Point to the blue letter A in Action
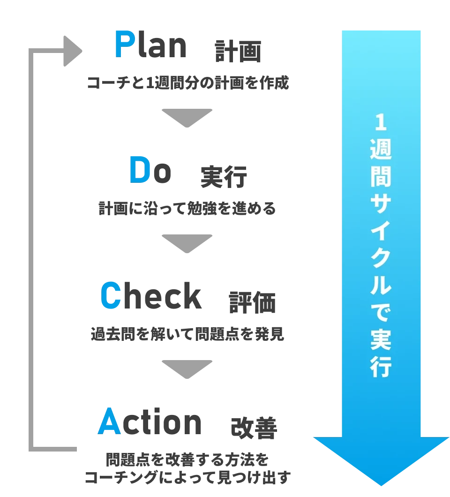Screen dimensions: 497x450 click(x=108, y=421)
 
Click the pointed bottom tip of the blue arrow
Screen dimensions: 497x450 click(x=382, y=483)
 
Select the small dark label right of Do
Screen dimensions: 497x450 click(x=222, y=179)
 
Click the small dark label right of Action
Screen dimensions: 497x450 click(x=255, y=427)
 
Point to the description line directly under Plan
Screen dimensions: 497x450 click(x=187, y=83)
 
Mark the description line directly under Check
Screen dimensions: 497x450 click(x=187, y=334)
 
